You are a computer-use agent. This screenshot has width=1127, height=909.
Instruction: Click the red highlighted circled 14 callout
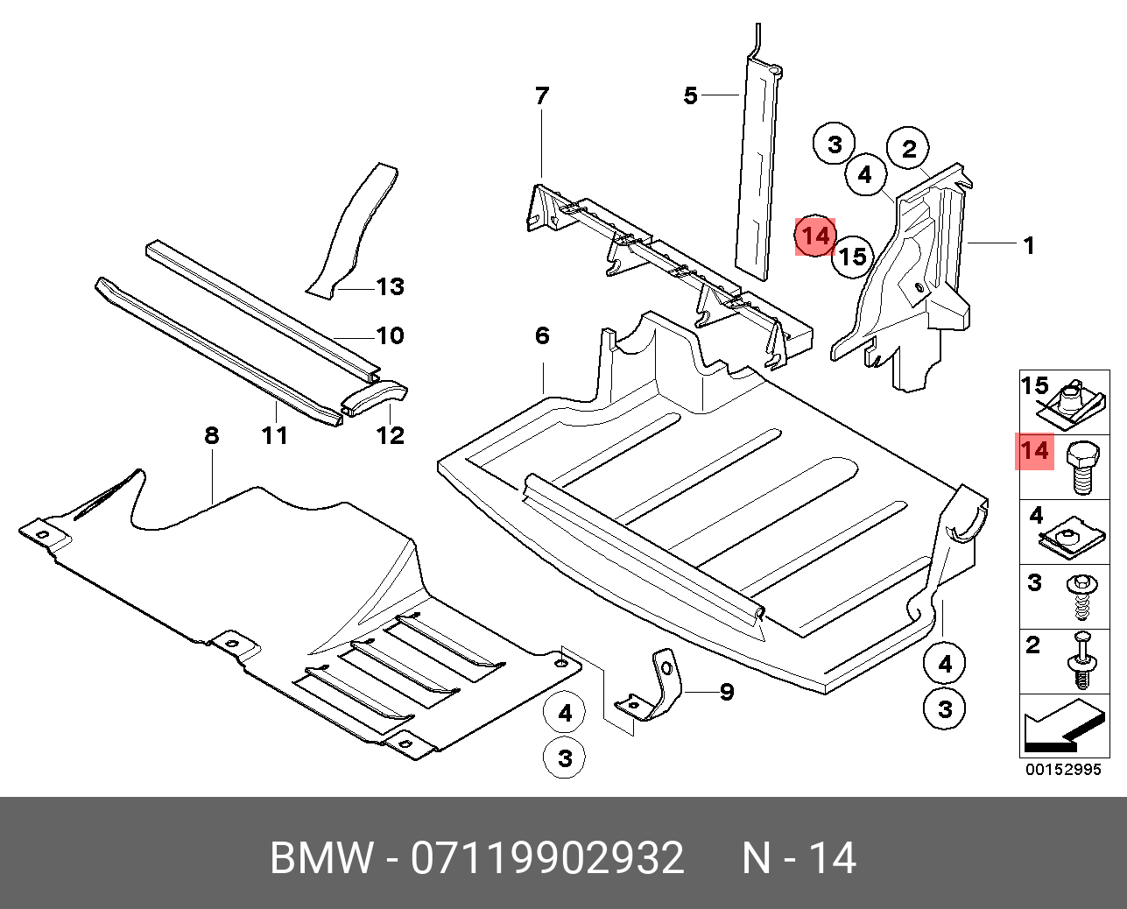815,236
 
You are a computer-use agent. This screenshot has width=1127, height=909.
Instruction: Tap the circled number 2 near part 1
909,149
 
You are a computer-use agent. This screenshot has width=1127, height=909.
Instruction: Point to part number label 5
690,95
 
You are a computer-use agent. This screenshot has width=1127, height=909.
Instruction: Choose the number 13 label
390,286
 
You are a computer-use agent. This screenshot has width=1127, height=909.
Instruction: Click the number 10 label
390,335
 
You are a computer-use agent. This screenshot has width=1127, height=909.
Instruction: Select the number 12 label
390,434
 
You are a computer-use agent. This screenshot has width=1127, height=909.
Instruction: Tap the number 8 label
211,434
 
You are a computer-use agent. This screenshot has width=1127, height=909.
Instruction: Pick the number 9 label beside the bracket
726,692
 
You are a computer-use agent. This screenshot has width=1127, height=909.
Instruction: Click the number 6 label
541,335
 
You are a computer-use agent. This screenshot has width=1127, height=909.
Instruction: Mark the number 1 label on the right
1029,246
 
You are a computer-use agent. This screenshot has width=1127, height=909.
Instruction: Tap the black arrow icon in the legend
1061,725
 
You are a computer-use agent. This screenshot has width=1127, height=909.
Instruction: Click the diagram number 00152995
1063,770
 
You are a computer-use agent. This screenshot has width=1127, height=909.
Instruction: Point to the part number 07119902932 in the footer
547,858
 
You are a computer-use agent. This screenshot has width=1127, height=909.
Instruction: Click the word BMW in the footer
320,858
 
